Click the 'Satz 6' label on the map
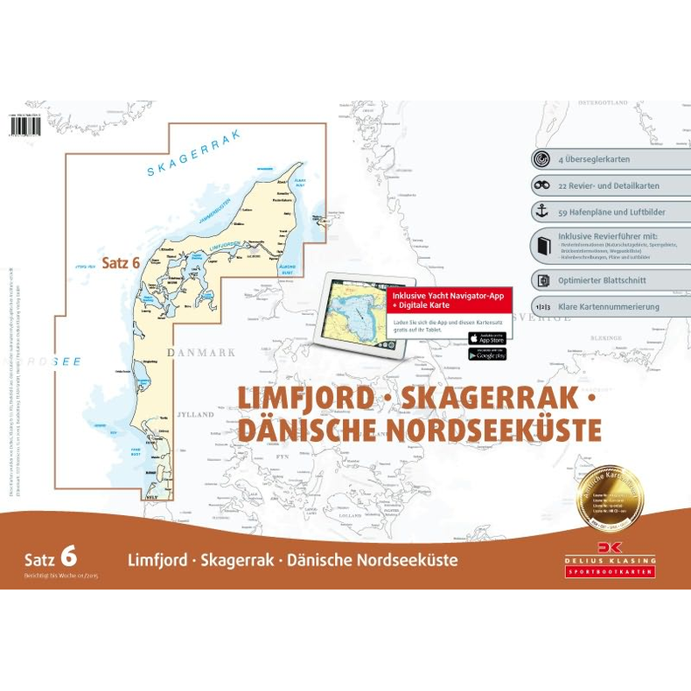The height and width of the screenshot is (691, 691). (x=122, y=262)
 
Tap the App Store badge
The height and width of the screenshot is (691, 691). (x=487, y=339)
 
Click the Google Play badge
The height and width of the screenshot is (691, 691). (x=487, y=354)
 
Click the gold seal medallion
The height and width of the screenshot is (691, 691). (x=610, y=499)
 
